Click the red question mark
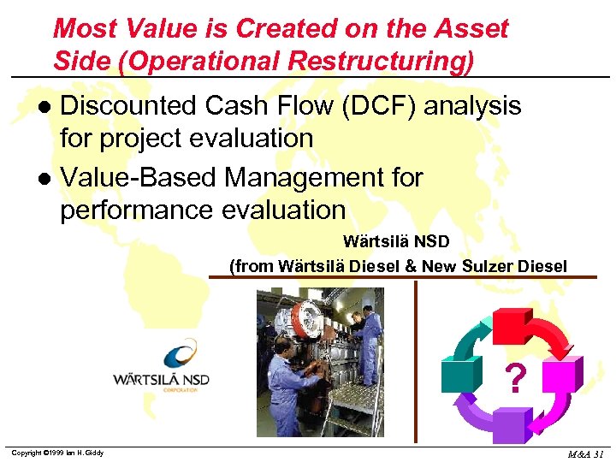513,378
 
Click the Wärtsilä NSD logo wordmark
161,379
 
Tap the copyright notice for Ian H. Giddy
56,453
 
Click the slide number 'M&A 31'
587,453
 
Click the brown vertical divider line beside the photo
417,359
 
